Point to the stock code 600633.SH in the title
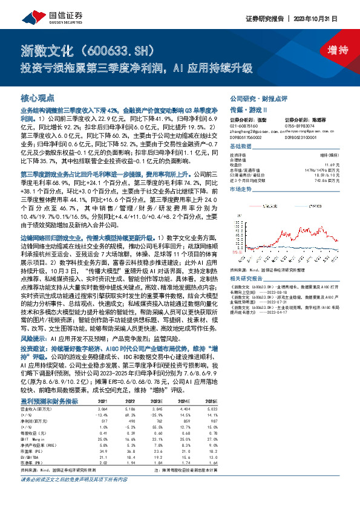coord(123,48)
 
